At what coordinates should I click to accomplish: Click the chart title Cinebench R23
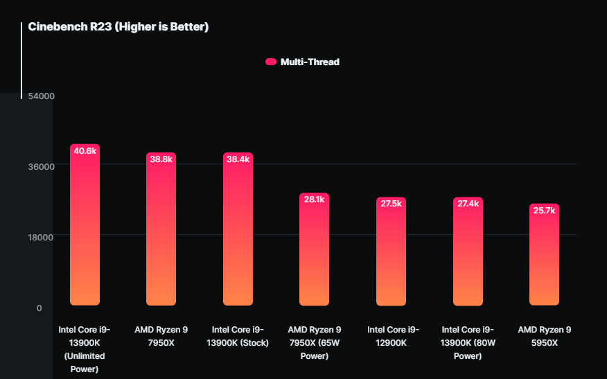[118, 27]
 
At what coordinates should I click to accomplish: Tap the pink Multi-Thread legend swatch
[271, 62]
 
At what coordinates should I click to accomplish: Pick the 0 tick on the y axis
[39, 308]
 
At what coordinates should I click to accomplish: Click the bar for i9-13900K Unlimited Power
[85, 229]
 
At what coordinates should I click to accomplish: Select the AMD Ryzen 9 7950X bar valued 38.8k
[161, 232]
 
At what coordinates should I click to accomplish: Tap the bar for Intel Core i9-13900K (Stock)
[238, 232]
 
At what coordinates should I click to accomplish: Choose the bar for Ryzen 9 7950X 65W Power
[314, 253]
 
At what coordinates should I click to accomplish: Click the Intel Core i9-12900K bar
[391, 255]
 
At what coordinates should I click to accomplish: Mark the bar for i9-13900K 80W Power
[468, 255]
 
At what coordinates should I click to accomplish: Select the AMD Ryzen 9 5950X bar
[544, 258]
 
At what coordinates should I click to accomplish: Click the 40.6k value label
[85, 151]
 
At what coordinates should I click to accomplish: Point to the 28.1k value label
[314, 200]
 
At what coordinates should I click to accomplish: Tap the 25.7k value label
[544, 211]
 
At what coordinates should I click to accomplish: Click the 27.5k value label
[391, 204]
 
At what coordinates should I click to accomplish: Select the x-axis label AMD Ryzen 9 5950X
[544, 336]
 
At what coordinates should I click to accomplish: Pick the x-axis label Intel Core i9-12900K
[394, 336]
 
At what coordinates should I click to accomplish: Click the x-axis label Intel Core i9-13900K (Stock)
[238, 336]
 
